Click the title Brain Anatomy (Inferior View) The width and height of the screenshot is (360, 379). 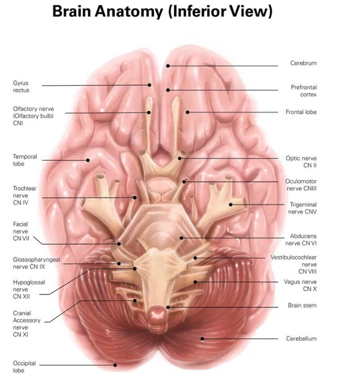162,12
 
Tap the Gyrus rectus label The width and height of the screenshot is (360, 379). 21,87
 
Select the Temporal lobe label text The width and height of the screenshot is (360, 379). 25,161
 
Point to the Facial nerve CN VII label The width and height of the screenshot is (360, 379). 21,231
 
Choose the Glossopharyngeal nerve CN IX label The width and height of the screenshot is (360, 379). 36,263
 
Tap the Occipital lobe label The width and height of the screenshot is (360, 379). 24,367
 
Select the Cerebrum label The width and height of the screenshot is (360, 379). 303,63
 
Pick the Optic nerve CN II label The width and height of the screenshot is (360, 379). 301,162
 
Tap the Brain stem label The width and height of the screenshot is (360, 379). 302,305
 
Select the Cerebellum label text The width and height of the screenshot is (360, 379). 301,339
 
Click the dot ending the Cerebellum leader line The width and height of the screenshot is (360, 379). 202,339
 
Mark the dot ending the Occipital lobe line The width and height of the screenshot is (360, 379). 116,365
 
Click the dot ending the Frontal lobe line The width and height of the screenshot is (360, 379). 188,112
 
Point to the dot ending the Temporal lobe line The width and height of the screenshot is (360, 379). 89,160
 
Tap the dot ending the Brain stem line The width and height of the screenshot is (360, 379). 168,308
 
